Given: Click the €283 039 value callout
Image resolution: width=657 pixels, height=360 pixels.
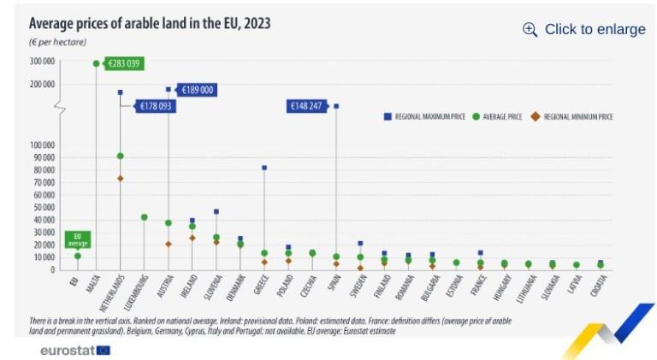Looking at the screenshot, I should pyautogui.click(x=122, y=63).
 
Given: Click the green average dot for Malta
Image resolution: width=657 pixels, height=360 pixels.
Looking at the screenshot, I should pyautogui.click(x=96, y=63).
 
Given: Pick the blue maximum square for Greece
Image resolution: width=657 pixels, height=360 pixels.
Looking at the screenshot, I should pyautogui.click(x=264, y=168).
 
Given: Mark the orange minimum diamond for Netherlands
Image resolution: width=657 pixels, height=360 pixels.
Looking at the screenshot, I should pyautogui.click(x=121, y=179).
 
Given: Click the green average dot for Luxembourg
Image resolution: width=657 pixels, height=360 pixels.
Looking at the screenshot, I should pyautogui.click(x=145, y=217).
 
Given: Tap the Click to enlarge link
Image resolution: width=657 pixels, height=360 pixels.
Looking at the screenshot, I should pyautogui.click(x=595, y=29).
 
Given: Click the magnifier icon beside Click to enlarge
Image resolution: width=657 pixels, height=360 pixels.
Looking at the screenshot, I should pyautogui.click(x=530, y=29).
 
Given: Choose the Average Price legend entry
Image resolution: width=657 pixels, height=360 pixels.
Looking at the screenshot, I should pyautogui.click(x=497, y=116).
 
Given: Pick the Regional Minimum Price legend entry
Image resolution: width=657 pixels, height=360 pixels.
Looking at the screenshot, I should pyautogui.click(x=573, y=116).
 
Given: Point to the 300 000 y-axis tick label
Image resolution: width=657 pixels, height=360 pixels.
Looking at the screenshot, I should pyautogui.click(x=43, y=62).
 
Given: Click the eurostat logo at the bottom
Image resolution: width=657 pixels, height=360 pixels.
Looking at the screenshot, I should pyautogui.click(x=74, y=350).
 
